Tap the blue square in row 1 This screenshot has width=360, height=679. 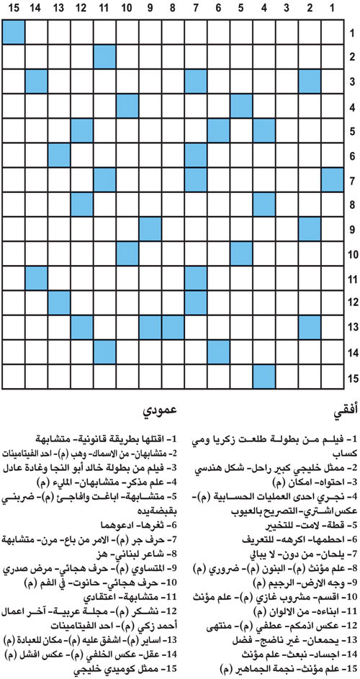point(14,33)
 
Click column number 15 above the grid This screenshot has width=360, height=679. point(14,9)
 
